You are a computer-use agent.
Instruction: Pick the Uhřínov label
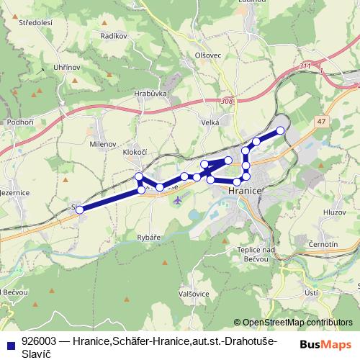tap(66, 68)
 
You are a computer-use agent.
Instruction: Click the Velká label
tap(210, 123)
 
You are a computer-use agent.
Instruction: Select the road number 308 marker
tap(228, 102)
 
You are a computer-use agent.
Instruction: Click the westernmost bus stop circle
tap(80, 210)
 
